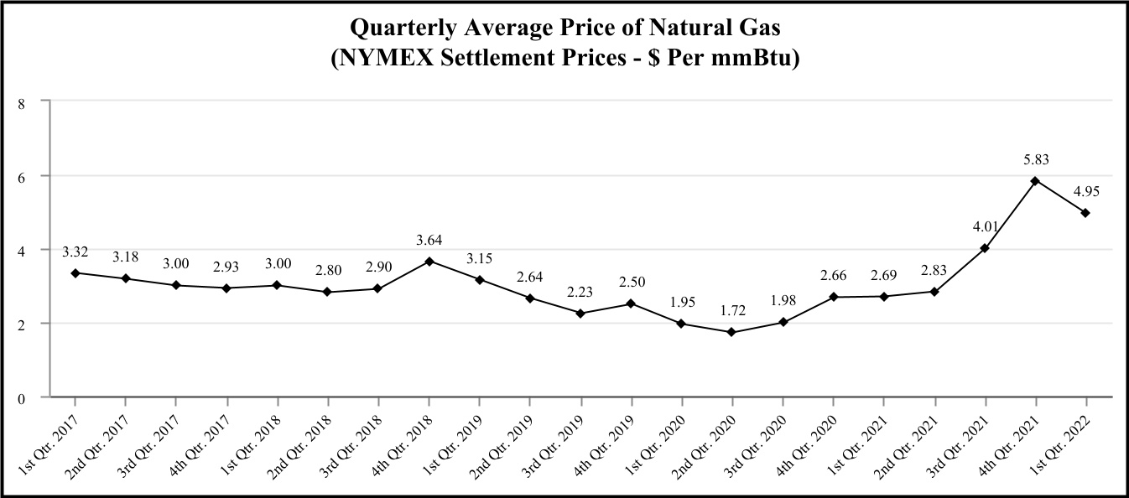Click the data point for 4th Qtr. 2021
[1035, 181]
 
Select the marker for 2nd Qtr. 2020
[731, 332]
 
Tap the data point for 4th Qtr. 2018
[429, 262]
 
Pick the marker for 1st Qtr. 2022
[1085, 213]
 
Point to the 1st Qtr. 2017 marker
[75, 273]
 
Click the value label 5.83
[1036, 158]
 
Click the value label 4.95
[1085, 190]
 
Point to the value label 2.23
[580, 291]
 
